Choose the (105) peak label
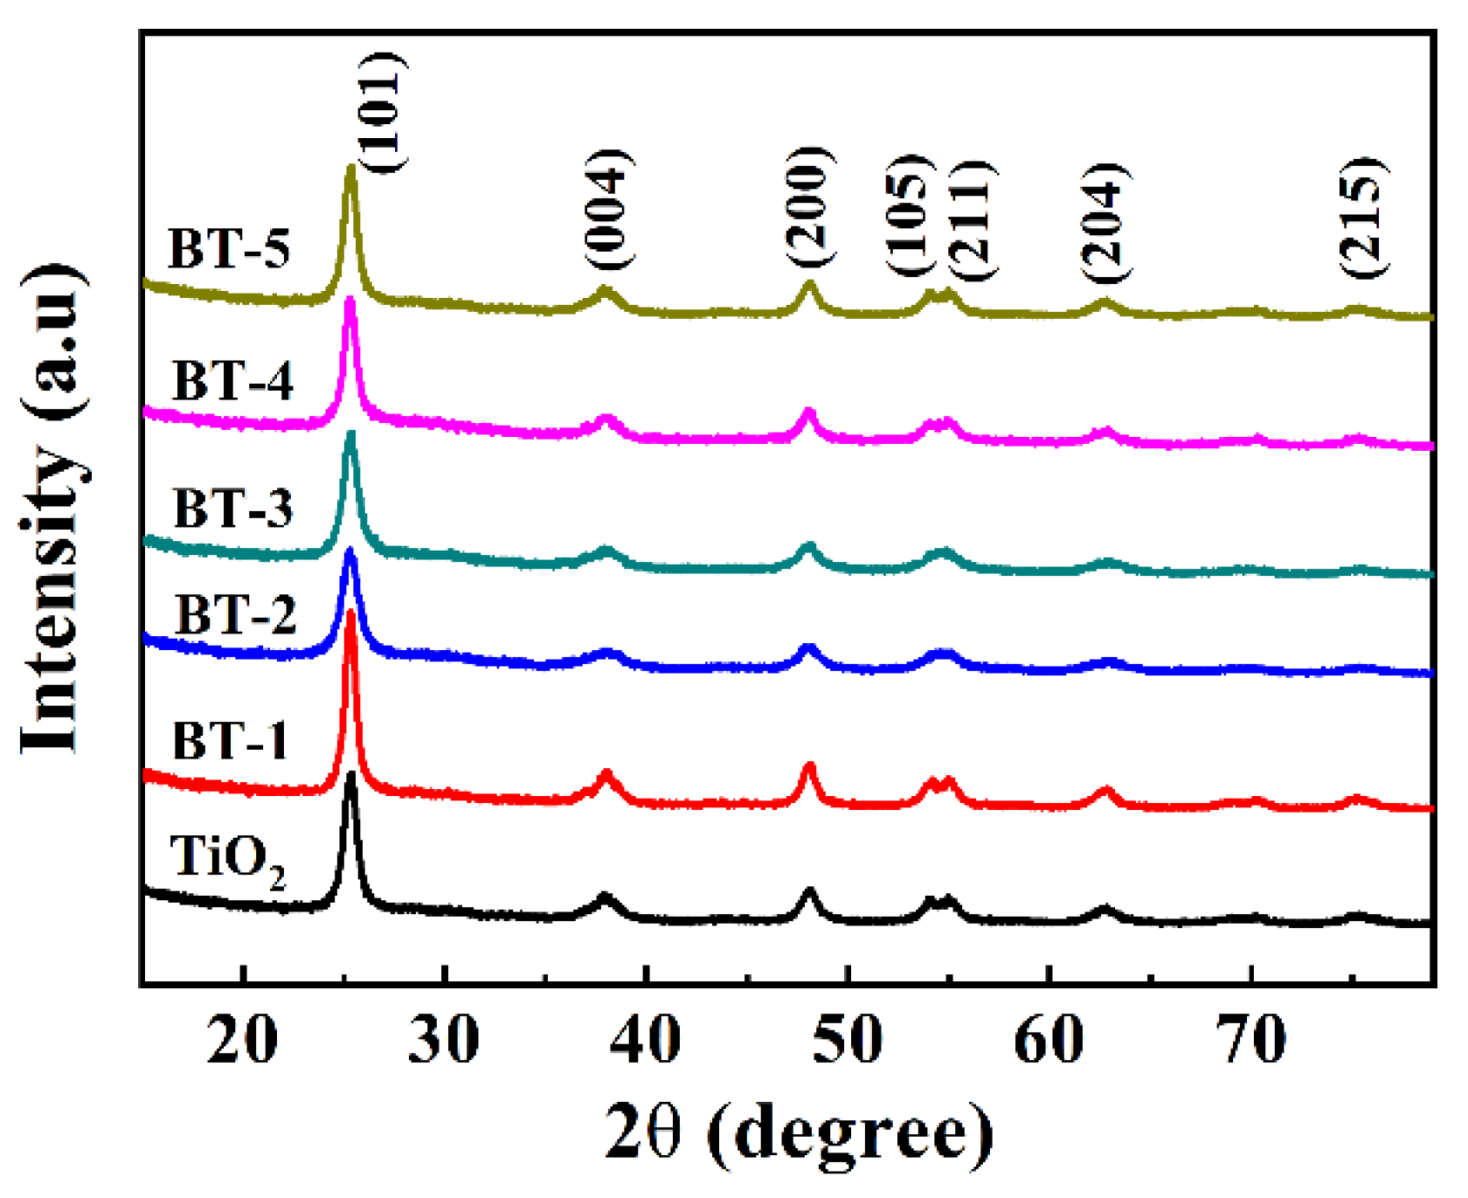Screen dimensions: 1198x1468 coord(911,216)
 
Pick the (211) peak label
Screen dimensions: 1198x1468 coord(969,220)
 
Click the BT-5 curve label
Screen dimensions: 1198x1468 coord(229,249)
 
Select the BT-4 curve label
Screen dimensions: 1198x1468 coord(232,381)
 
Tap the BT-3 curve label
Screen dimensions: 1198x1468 coord(232,509)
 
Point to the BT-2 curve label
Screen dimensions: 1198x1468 coord(236,614)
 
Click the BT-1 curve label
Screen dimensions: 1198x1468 coord(230,741)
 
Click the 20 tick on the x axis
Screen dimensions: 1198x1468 coord(242,1040)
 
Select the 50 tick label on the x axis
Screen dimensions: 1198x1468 coord(847,1040)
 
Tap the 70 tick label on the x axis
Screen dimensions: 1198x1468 coord(1251,1040)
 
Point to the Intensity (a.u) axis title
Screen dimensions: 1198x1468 coord(54,507)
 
